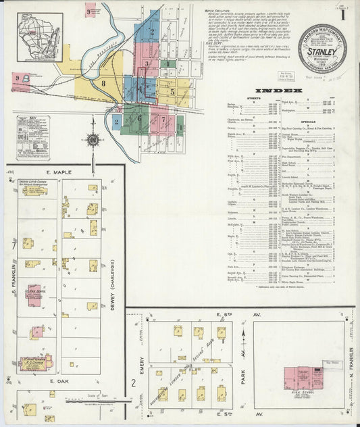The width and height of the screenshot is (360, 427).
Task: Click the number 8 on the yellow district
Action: [x=103, y=83]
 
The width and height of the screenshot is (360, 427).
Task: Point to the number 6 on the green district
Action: [x=140, y=118]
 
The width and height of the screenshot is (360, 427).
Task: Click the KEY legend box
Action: [x=33, y=138]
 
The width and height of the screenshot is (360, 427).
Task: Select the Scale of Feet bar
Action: [x=96, y=400]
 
